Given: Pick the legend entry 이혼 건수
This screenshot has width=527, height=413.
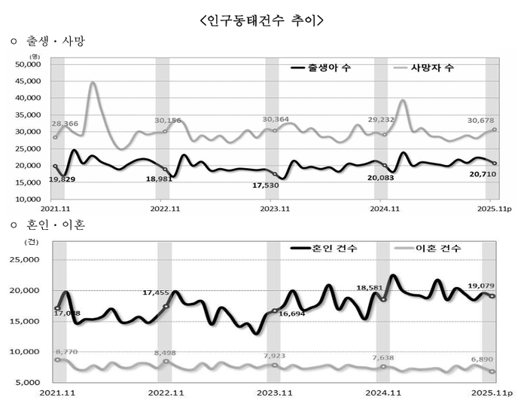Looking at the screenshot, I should point(436,248).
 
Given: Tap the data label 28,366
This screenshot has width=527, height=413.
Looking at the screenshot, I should point(65,124).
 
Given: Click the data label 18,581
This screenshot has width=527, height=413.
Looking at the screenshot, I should point(372,288).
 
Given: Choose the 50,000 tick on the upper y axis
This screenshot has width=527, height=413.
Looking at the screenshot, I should point(28,64).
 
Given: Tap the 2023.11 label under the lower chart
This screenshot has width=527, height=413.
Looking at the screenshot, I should point(275,393).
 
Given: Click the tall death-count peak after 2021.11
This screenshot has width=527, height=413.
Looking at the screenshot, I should point(92,84).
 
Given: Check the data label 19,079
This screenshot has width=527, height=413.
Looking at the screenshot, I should point(483,286).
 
